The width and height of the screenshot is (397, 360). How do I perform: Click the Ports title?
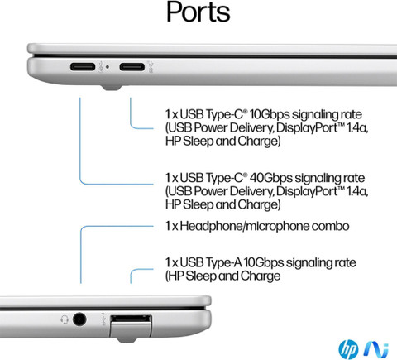tap(198, 12)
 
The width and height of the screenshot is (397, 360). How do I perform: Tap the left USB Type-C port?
tap(83, 67)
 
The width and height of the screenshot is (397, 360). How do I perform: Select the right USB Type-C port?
tap(132, 67)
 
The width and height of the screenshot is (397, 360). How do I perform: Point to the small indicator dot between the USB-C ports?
tap(108, 67)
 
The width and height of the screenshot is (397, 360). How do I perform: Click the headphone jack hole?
tap(79, 319)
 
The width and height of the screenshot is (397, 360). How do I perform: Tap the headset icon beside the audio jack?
tap(65, 319)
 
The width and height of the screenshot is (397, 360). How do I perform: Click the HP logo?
tap(348, 349)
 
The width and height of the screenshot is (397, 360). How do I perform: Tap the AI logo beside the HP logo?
tap(376, 349)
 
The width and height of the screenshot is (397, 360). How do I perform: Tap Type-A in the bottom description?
tap(223, 262)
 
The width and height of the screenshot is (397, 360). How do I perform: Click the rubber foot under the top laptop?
tap(112, 88)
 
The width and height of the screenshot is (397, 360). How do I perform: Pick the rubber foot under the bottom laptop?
tap(127, 340)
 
